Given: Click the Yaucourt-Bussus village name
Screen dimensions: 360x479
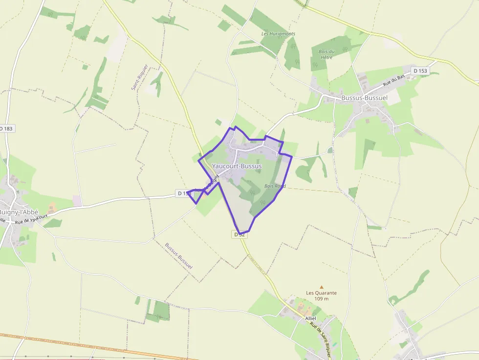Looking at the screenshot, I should [x=237, y=166].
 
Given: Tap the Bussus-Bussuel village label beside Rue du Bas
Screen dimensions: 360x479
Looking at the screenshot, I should [x=364, y=98].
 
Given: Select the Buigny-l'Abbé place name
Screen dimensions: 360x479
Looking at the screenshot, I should [x=19, y=212].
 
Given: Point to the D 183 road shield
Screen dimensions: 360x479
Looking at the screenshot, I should [x=6, y=128].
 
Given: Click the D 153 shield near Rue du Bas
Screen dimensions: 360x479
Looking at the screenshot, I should [x=419, y=71].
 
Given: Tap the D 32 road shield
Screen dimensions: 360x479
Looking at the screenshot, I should [x=239, y=234].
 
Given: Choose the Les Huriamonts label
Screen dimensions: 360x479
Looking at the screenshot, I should [x=279, y=34].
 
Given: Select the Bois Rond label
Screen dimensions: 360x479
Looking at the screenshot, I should [x=275, y=186].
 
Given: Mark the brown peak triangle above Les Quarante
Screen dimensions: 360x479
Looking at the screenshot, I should [x=322, y=287].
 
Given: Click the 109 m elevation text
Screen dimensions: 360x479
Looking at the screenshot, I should [x=321, y=299].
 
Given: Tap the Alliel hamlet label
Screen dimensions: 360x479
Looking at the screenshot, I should [x=310, y=318].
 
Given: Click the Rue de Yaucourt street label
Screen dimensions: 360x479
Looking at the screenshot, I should [x=32, y=219].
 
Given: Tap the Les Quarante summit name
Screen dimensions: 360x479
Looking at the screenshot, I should [x=321, y=293].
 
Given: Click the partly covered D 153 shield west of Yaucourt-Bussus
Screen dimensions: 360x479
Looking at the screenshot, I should [x=183, y=193].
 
